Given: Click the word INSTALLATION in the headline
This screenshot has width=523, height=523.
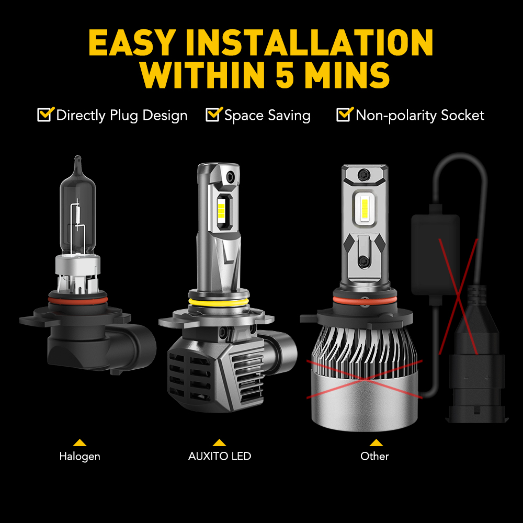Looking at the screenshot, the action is (309, 42).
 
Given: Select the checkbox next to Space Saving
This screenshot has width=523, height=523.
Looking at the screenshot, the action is (214, 115).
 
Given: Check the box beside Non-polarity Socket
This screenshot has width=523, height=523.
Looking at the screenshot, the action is (345, 115).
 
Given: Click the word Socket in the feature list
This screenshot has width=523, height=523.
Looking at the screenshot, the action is (462, 116).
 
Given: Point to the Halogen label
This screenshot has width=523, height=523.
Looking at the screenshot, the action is (79, 456).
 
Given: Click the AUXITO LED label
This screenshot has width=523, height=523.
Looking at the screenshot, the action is (220, 456).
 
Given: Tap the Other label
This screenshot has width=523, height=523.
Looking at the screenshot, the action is (374, 456).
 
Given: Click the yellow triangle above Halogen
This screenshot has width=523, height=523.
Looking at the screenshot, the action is (79, 443).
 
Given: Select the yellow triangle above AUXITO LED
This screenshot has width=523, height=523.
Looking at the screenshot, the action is (219, 443).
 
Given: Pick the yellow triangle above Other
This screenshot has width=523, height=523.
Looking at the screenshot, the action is (376, 443).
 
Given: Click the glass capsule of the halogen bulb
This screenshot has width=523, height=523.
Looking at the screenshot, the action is (78, 213).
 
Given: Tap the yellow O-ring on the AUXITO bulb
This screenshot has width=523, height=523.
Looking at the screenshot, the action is (219, 302).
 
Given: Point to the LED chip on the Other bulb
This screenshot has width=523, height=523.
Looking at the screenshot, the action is (365, 208).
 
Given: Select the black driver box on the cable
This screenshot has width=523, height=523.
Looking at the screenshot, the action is (435, 255).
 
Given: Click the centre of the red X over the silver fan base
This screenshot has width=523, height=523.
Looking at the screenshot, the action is (365, 379).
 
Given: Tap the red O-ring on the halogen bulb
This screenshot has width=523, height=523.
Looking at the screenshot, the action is (78, 301).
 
